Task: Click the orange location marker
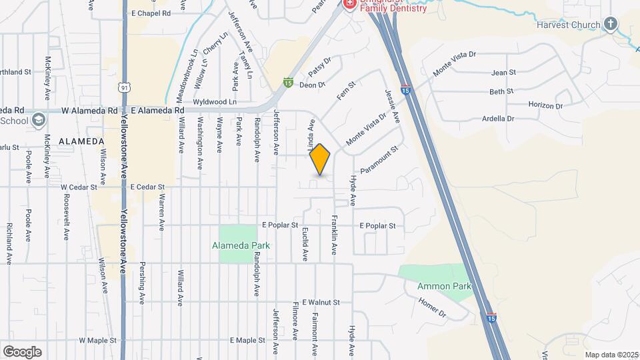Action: coord(320,159)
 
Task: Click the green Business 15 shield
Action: coord(288,83)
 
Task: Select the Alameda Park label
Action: coord(241,245)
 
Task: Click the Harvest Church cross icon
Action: coord(610,25)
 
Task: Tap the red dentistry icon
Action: coord(349,4)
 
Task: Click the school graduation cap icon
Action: coord(39,120)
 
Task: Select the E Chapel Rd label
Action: coord(151,13)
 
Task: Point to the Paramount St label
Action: coord(379,161)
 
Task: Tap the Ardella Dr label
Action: coord(499,119)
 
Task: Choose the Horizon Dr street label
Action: coord(546,105)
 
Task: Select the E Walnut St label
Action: coord(321,302)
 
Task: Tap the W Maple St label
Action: coord(97,340)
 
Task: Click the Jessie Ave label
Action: coord(393,107)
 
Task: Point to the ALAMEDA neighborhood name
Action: coord(81,141)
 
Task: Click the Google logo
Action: coord(22,351)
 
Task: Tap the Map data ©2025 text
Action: coord(611,355)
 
